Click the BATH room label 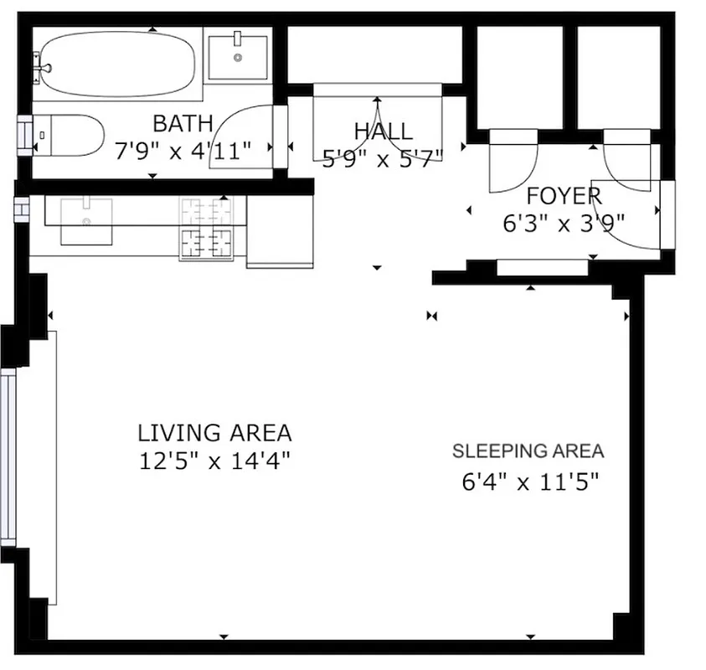(x=183, y=124)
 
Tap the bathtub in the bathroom (x=117, y=64)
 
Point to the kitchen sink (x=86, y=220)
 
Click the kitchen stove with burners (x=205, y=229)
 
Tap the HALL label (x=383, y=131)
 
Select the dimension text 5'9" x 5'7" (x=383, y=158)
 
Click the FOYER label (x=564, y=197)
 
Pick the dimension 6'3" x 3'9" (x=564, y=224)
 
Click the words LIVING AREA (x=214, y=433)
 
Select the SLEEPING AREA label (x=528, y=451)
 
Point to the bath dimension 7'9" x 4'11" (x=183, y=151)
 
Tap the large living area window (x=8, y=456)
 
